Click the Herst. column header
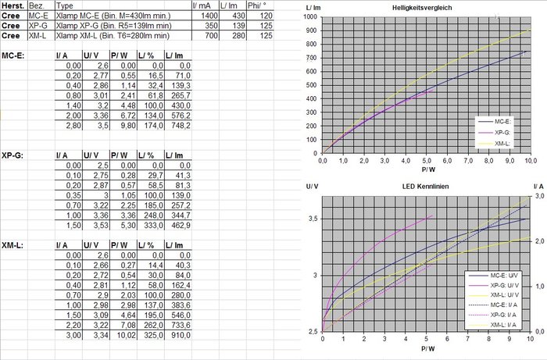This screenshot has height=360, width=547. tap(12, 5)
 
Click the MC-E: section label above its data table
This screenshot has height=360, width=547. tap(13, 56)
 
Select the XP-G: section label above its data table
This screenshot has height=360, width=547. tap(13, 155)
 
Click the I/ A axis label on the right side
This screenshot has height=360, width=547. tap(538, 187)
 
